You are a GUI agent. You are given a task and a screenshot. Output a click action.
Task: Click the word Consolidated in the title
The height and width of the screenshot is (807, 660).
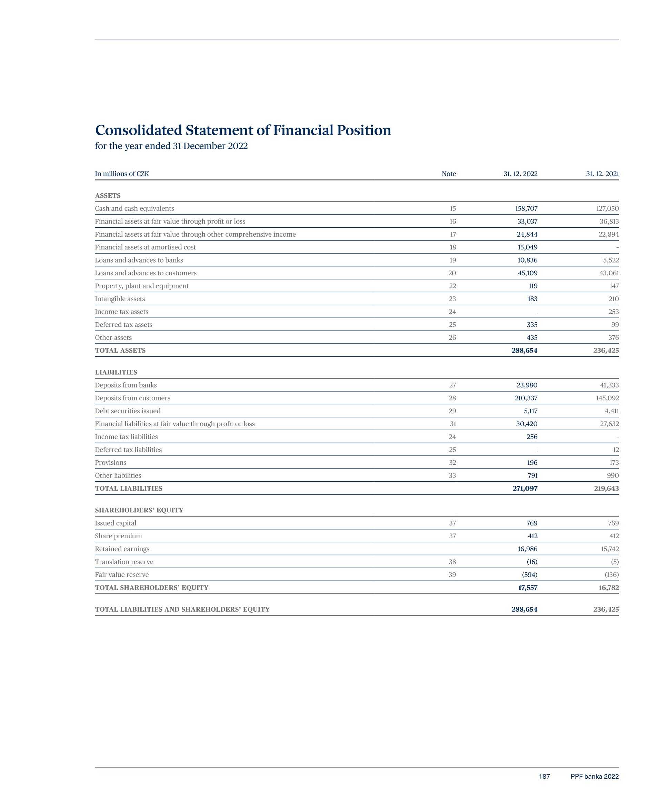pos(138,130)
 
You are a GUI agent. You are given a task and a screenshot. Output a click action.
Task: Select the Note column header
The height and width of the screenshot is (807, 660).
pos(449,174)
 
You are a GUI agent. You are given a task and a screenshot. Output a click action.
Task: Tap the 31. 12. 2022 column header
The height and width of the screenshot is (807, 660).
pos(520,174)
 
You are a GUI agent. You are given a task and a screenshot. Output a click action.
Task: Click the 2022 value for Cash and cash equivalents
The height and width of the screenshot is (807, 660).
pos(526,208)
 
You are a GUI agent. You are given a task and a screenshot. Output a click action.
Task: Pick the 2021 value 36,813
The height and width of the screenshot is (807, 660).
pos(609,222)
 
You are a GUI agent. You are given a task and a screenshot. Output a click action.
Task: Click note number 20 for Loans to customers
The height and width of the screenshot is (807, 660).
pos(452,273)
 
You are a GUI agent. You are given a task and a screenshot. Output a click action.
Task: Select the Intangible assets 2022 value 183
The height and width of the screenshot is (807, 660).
pos(532,299)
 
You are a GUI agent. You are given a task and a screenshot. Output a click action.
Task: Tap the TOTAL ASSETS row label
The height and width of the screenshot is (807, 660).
pos(120,350)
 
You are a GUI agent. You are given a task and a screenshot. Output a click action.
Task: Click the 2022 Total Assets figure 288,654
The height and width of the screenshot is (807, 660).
pos(524,350)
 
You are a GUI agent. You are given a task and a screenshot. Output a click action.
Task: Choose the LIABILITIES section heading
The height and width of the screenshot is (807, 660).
pos(116,372)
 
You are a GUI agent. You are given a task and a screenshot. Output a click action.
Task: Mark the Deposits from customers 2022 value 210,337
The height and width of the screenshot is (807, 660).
pos(526,398)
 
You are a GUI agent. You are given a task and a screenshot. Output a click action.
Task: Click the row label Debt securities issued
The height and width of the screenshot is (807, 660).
pos(128,411)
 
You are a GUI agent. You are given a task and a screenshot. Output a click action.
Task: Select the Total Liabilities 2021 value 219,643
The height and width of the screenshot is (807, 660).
pos(607,488)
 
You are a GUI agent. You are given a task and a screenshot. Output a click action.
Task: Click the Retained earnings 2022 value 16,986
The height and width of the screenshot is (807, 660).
pos(527,549)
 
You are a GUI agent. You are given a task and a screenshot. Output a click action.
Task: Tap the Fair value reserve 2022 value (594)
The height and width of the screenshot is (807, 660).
pos(530,575)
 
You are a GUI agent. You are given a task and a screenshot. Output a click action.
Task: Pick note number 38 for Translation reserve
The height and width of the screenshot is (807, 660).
pos(452,562)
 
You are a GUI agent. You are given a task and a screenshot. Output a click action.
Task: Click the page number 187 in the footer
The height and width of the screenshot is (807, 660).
pos(544,777)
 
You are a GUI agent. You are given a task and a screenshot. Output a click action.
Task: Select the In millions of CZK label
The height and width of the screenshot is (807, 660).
pos(122,174)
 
